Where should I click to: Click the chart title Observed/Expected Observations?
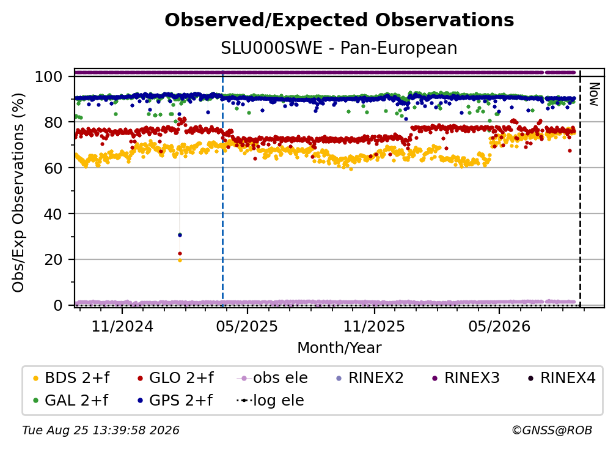[x=339, y=20]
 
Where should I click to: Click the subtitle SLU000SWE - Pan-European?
[x=339, y=48]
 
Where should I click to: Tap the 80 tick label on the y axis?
[x=53, y=122]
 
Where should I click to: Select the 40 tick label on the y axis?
[x=53, y=214]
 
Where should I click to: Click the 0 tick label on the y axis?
[x=58, y=305]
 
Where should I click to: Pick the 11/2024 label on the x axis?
[x=122, y=326]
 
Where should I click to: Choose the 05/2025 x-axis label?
[x=247, y=326]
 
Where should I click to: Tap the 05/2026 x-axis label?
[x=499, y=326]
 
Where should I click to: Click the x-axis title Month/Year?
[x=339, y=347]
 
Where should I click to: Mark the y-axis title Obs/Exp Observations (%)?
[x=18, y=193]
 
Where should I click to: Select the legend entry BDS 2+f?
[x=71, y=378]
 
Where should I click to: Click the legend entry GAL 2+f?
[x=70, y=401]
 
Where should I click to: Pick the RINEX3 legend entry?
[x=466, y=378]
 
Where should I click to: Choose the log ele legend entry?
[x=271, y=401]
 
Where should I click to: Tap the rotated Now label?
[x=593, y=94]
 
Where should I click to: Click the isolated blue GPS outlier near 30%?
[x=180, y=235]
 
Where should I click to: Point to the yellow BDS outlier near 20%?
[x=180, y=260]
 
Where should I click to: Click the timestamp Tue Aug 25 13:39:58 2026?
[x=101, y=431]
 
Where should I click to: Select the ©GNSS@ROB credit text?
[x=552, y=431]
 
